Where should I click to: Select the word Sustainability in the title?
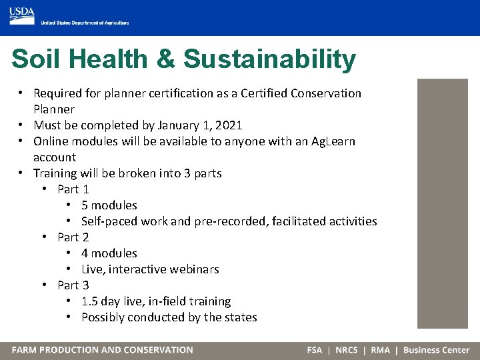pyautogui.click(x=269, y=59)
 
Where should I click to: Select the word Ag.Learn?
pyautogui.click(x=333, y=141)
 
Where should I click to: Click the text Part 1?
pyautogui.click(x=73, y=189)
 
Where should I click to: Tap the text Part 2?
pyautogui.click(x=73, y=237)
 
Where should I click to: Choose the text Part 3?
pyautogui.click(x=73, y=285)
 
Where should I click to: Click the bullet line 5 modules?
pyautogui.click(x=109, y=205)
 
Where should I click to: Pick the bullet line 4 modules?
pyautogui.click(x=109, y=253)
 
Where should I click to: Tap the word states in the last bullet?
pyautogui.click(x=240, y=317)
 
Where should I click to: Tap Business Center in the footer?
pyautogui.click(x=436, y=350)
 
